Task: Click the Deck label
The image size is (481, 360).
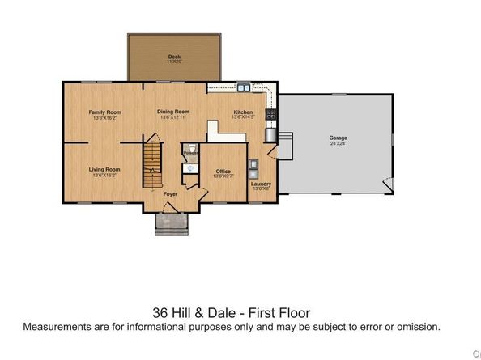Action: point(174,56)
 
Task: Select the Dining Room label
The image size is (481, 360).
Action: point(174,112)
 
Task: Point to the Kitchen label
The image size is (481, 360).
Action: point(243,112)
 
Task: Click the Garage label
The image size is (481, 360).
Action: point(338,138)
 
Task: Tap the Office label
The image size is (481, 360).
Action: point(223,171)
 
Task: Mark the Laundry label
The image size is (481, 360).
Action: point(261,184)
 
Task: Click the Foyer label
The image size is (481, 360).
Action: point(171,194)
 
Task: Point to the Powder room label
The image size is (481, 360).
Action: point(190,152)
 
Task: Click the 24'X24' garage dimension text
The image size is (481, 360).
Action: point(338,144)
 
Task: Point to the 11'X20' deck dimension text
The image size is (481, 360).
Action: point(174,61)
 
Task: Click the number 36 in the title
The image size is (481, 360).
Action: point(162,312)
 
